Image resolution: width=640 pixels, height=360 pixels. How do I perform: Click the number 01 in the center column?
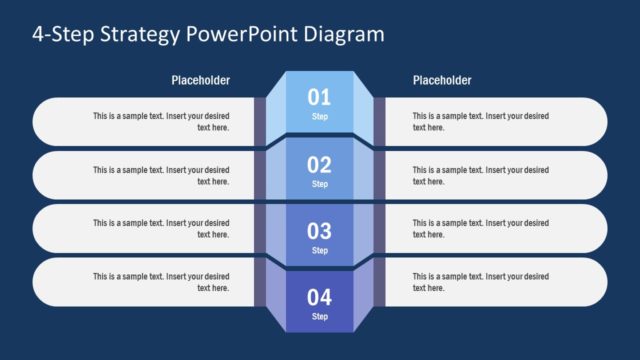click(319, 97)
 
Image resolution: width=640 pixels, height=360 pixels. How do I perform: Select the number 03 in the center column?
click(319, 232)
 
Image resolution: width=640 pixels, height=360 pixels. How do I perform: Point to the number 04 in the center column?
click(319, 297)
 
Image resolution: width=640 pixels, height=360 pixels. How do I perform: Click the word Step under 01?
click(319, 117)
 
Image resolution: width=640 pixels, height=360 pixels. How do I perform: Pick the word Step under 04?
click(319, 317)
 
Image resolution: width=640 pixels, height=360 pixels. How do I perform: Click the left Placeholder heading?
click(200, 80)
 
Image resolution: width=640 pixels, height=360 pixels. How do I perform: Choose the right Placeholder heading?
click(441, 80)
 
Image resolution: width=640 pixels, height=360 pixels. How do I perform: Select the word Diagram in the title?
click(345, 35)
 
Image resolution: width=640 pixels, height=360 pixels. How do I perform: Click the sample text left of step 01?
click(161, 121)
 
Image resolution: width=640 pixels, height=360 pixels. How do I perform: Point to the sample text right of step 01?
click(480, 121)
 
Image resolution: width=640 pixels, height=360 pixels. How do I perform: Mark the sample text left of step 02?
click(161, 175)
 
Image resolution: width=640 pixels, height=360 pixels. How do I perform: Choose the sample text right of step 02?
click(480, 175)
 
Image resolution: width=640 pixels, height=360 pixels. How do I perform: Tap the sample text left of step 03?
click(161, 228)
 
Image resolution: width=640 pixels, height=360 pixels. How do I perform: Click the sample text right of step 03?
click(480, 228)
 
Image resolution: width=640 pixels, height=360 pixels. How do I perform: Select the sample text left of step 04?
click(161, 281)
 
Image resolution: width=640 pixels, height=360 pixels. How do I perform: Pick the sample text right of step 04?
click(480, 281)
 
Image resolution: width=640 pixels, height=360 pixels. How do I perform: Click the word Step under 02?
click(319, 184)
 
